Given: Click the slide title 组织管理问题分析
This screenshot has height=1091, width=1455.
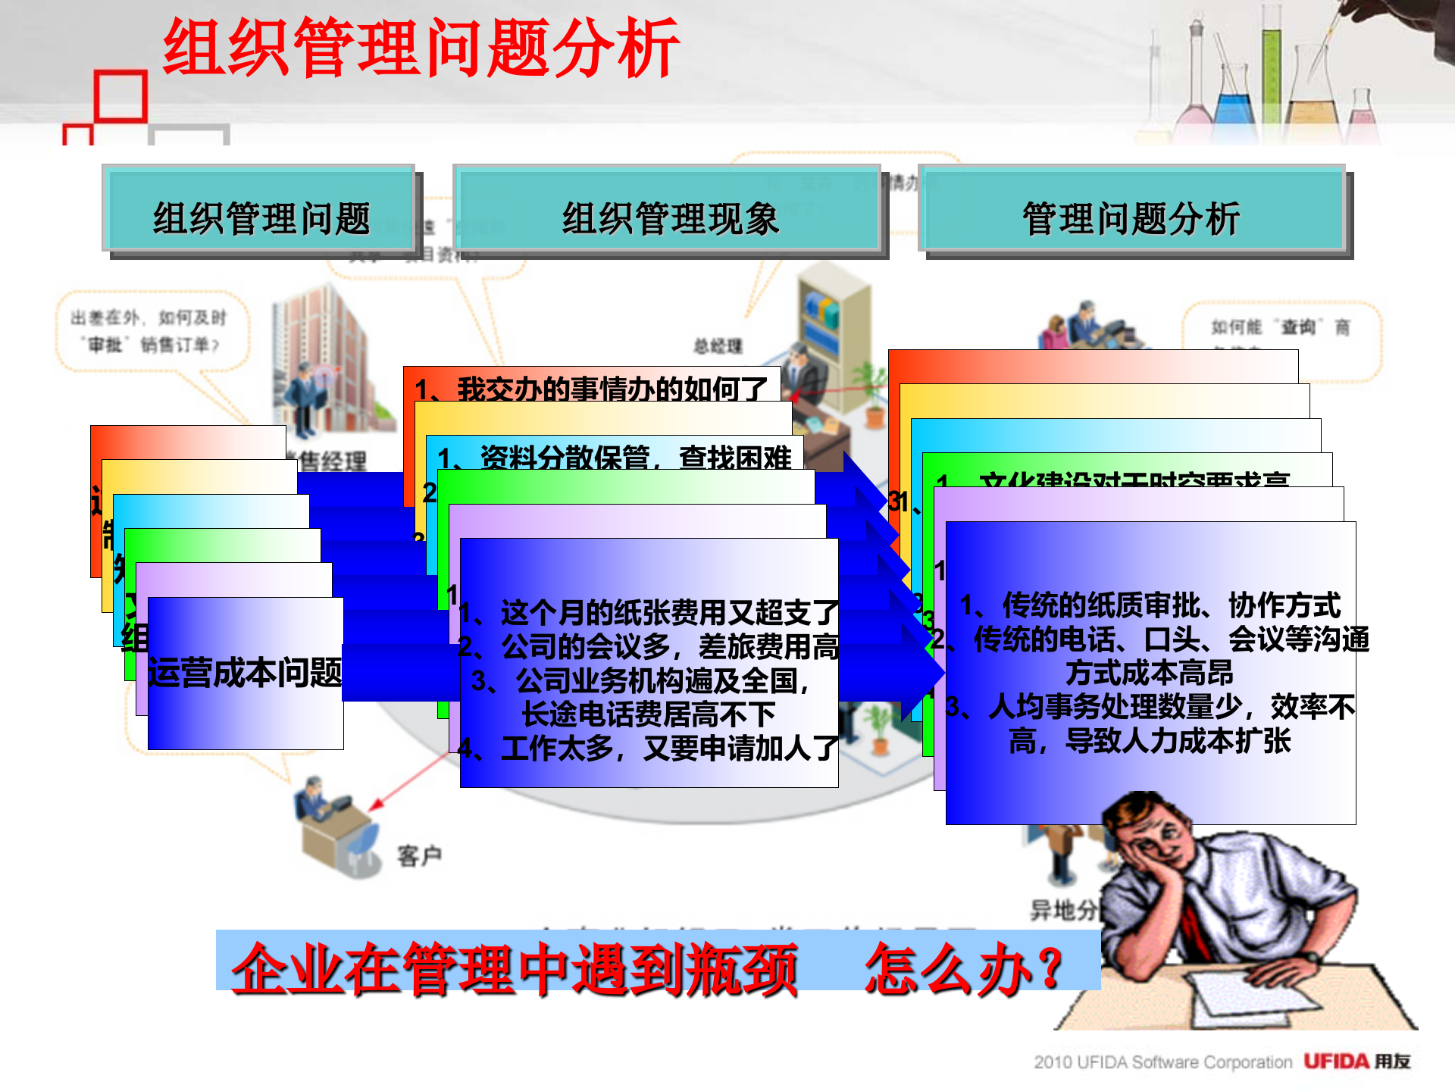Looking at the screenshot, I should [x=421, y=48].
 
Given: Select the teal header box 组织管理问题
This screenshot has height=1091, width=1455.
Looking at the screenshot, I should [x=261, y=218].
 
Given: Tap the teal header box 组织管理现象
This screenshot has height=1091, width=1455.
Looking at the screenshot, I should [x=670, y=218].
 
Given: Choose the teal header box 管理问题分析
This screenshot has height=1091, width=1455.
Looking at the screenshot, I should [x=1131, y=218].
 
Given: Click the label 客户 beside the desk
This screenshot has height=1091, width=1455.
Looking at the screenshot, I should [x=419, y=856].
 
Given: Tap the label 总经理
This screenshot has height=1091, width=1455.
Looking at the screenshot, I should [x=718, y=346].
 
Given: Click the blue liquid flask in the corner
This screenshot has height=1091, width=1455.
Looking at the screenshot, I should [x=1235, y=106].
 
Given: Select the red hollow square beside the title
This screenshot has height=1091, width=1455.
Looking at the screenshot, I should [x=121, y=96].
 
